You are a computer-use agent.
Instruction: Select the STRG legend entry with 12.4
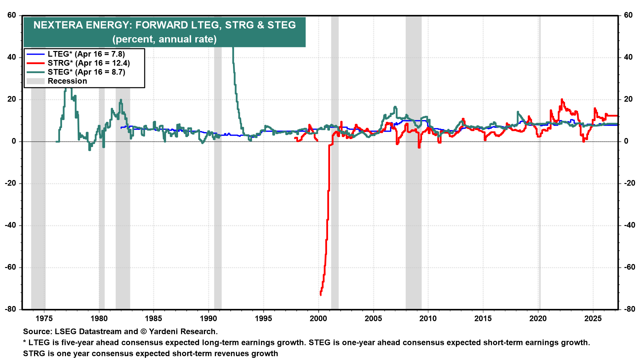[x=88, y=63]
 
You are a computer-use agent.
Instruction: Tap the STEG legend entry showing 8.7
[x=86, y=72]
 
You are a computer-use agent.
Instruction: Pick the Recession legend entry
[x=67, y=81]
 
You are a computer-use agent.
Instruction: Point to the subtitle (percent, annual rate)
[x=164, y=39]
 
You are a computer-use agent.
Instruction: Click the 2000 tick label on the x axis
[x=318, y=318]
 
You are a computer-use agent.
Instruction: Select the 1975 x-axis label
[x=44, y=318]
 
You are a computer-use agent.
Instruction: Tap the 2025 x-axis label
[x=593, y=318]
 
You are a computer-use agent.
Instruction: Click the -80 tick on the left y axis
[x=11, y=309]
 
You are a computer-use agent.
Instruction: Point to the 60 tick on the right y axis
[x=628, y=15]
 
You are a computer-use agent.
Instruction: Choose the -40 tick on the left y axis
[x=11, y=225]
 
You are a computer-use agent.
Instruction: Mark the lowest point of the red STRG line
[x=321, y=295]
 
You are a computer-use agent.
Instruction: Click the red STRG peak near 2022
[x=562, y=99]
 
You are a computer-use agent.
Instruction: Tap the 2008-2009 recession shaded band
[x=413, y=200]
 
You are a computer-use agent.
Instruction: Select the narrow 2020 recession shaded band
[x=539, y=200]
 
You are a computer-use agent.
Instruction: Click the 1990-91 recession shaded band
[x=218, y=200]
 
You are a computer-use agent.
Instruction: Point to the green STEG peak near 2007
[x=395, y=107]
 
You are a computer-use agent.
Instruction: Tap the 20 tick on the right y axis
[x=628, y=99]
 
